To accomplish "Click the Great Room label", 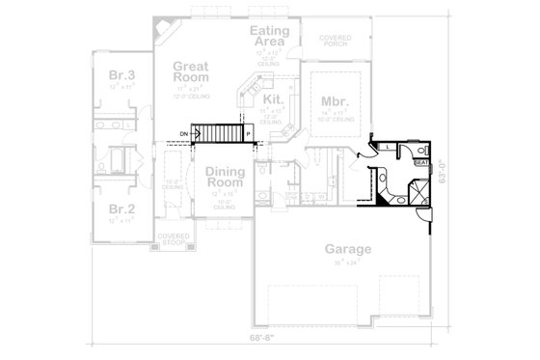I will pos(192,73).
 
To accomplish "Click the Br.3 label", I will pos(120,76).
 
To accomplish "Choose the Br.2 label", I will pos(120,209).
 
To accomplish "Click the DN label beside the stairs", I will pos(183,132).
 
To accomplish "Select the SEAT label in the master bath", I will pos(420,164).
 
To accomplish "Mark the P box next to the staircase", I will pos(248,133).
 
